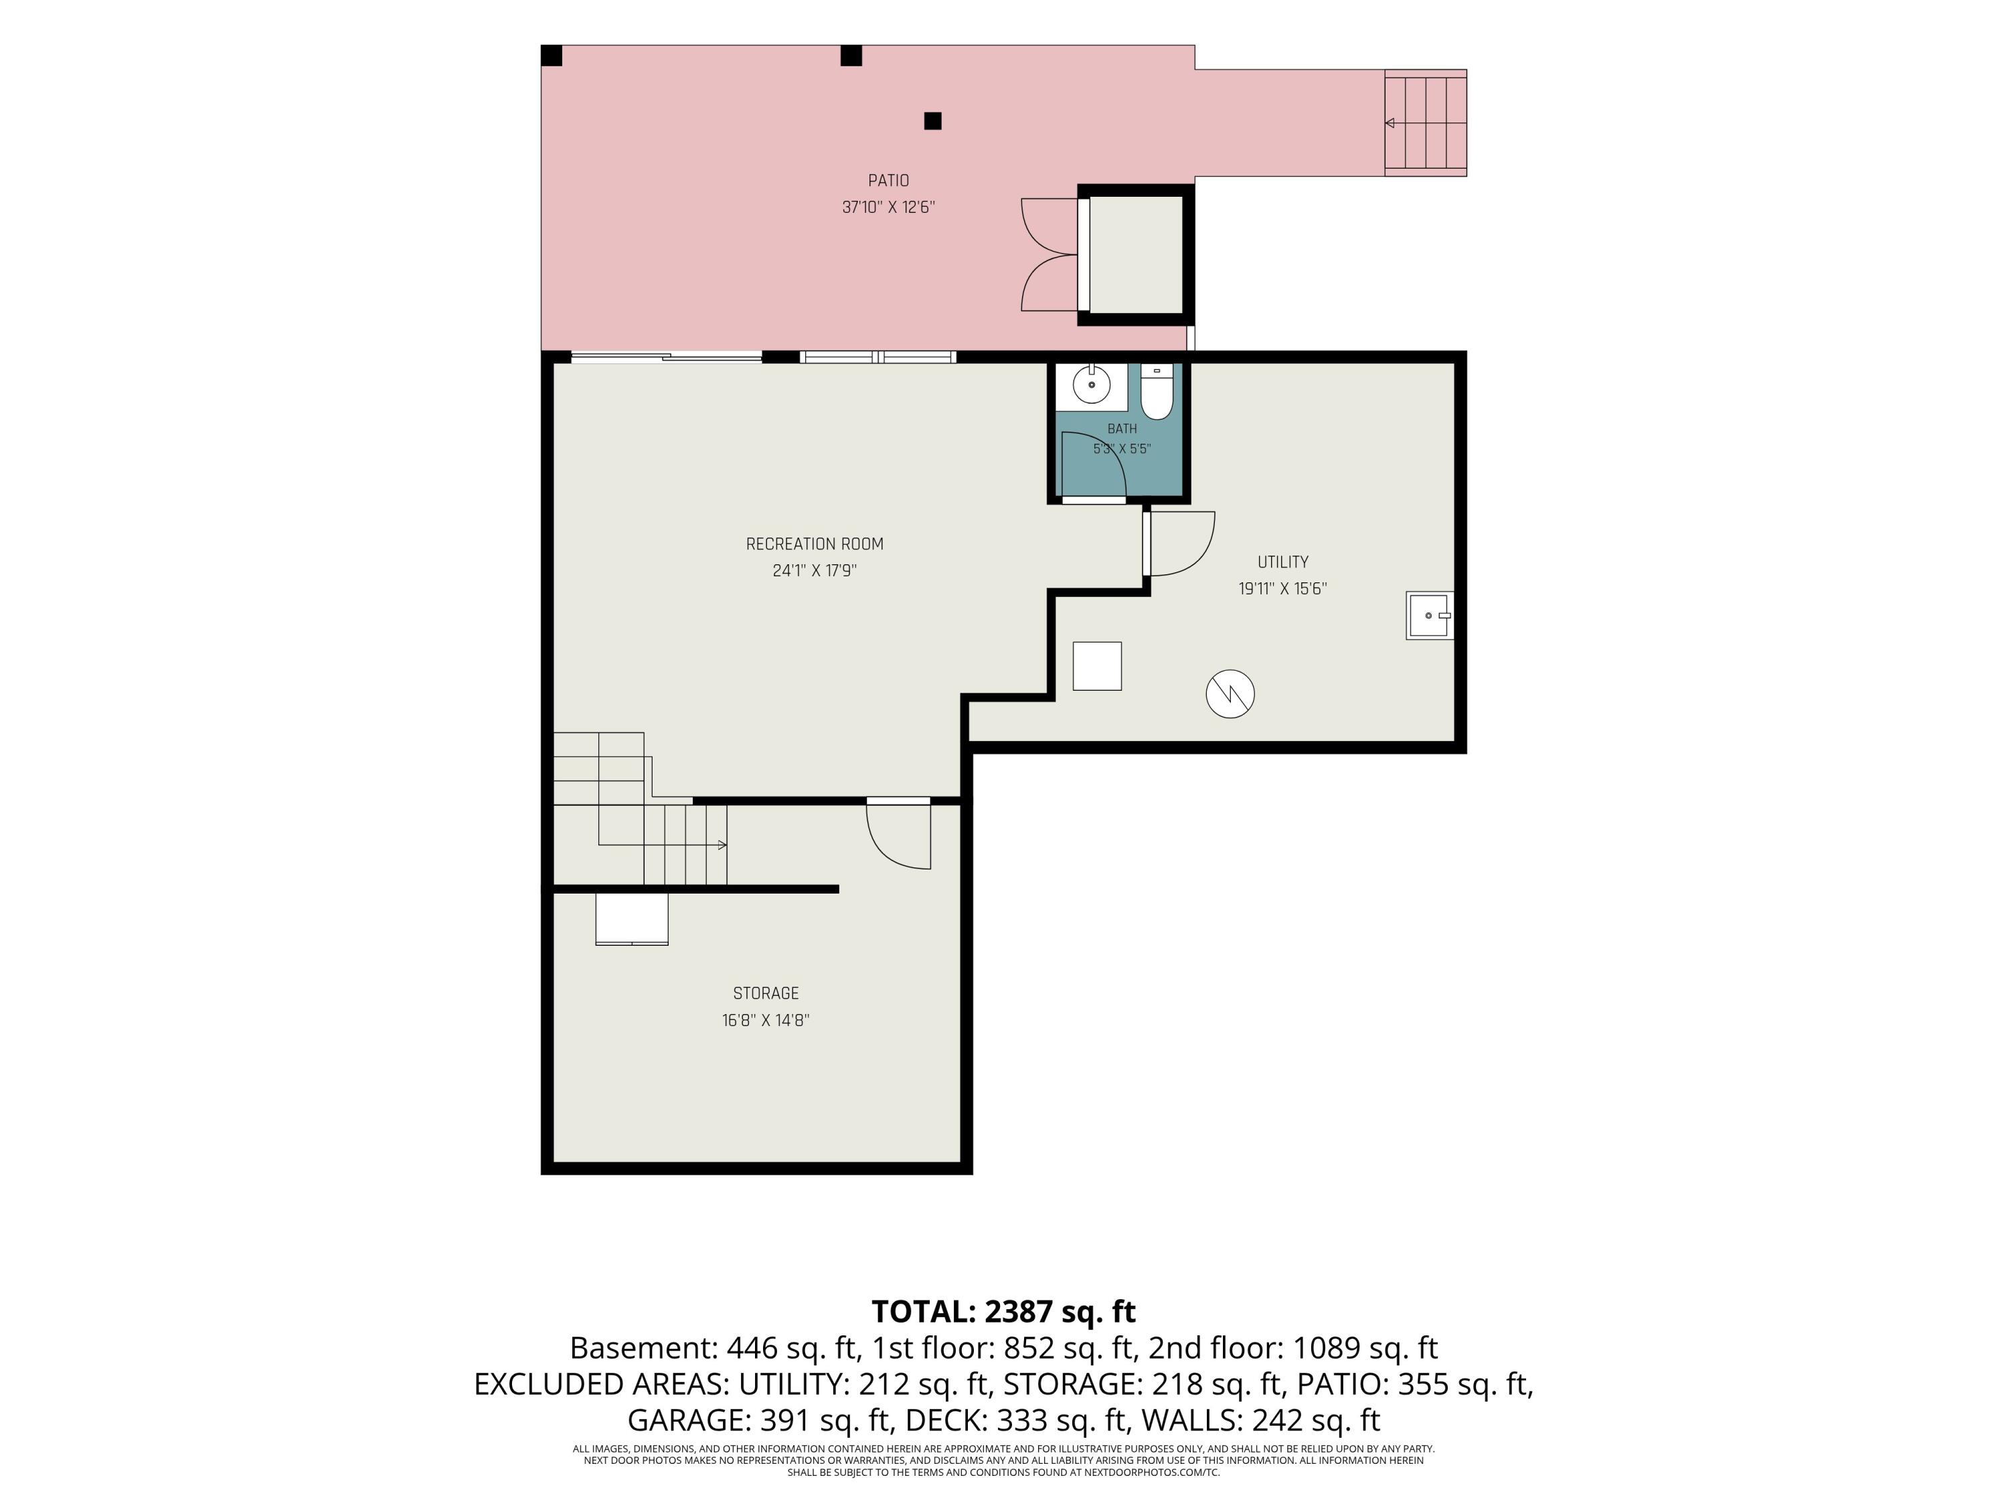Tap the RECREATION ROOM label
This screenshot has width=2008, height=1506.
point(815,543)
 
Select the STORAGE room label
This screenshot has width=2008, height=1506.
point(765,993)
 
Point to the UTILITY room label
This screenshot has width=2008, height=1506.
point(1282,562)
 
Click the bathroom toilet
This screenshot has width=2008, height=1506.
point(1157,392)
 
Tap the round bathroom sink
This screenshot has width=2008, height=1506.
point(1091,385)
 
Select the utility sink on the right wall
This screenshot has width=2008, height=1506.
point(1430,616)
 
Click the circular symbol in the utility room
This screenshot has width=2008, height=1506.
point(1230,695)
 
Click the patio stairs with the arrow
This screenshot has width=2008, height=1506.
point(1425,122)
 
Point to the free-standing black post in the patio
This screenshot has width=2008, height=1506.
point(932,120)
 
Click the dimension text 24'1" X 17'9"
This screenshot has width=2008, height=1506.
point(815,571)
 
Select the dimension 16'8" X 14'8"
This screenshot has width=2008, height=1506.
point(765,1020)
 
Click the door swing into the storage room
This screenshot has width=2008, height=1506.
point(899,836)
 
